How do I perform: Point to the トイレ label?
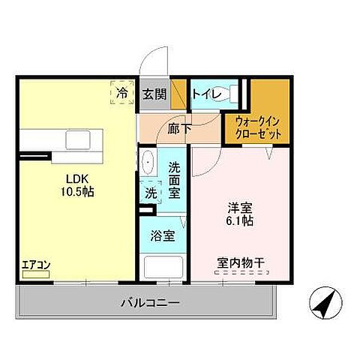point(205,94)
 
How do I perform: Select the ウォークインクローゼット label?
point(258,126)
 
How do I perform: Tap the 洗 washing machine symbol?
point(151,192)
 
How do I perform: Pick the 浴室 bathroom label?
point(164,236)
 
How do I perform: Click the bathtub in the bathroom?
point(163,268)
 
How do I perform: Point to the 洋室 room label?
point(238,208)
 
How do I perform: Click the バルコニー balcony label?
point(147,304)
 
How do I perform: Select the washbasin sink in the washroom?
point(148,161)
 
